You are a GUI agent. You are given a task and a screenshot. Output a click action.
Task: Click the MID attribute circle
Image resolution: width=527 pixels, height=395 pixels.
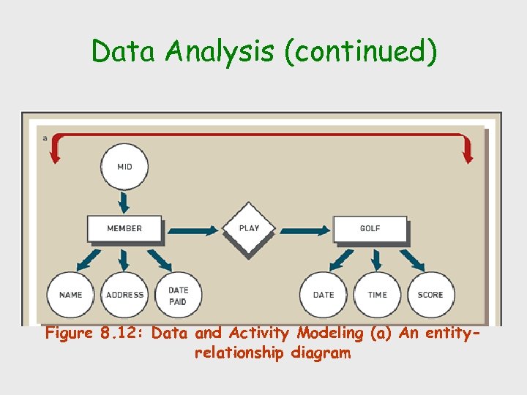coord(124,167)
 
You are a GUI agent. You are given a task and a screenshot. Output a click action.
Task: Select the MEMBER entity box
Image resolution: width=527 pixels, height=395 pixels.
coord(124,228)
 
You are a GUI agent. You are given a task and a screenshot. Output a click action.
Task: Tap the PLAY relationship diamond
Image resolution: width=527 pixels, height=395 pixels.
coord(249,228)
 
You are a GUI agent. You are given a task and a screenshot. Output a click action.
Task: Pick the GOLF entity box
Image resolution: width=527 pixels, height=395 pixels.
coord(370,228)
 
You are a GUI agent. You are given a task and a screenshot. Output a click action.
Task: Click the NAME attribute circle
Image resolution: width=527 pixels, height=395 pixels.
coord(71,295)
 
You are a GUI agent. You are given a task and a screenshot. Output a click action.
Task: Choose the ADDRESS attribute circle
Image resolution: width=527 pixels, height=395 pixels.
coord(124,295)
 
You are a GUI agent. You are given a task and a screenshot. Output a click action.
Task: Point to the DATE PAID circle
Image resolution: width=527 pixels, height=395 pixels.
coord(178,295)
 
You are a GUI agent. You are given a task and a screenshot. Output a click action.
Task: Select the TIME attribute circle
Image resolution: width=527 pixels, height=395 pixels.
coord(377,295)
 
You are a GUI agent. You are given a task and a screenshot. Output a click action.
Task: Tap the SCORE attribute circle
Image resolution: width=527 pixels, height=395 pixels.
coord(430,295)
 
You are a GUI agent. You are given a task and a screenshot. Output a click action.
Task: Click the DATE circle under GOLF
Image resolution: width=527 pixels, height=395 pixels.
coord(323,295)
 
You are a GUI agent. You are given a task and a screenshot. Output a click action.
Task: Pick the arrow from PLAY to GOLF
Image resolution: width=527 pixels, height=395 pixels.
coord(306,230)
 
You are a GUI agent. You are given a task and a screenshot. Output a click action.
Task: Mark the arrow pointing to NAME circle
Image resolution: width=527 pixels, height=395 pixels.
coord(89,259)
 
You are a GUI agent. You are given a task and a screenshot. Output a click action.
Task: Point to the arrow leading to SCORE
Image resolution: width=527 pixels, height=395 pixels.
coord(412,259)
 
